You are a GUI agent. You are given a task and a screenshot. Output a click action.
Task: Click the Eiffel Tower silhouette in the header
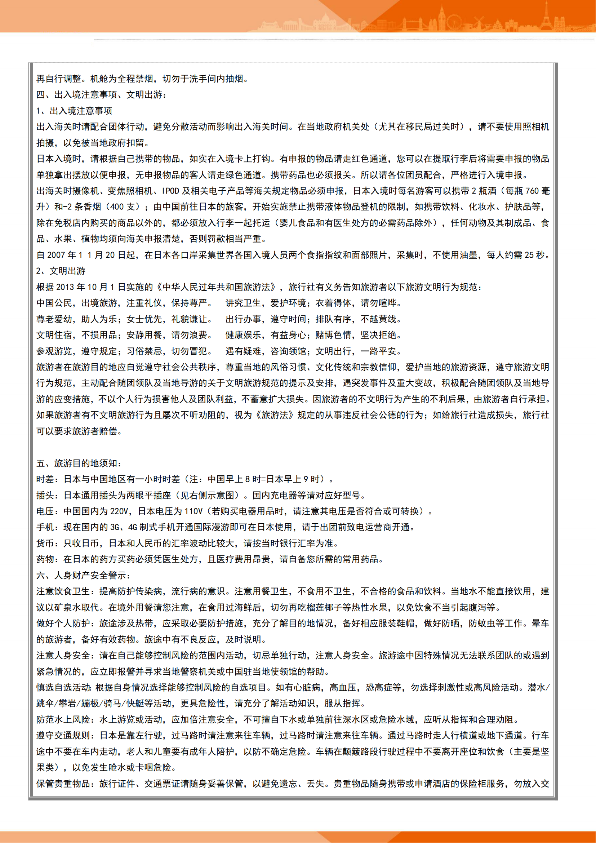pos(546,15)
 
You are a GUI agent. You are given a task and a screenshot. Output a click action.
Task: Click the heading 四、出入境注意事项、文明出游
pos(101,95)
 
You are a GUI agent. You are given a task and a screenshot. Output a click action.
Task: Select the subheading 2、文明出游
pos(61,271)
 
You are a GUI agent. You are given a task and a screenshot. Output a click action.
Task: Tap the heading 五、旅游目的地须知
pos(79,463)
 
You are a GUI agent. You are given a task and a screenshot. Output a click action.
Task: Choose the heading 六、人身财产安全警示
pos(83,575)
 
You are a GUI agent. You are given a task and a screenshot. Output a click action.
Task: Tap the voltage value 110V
pos(194,511)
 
